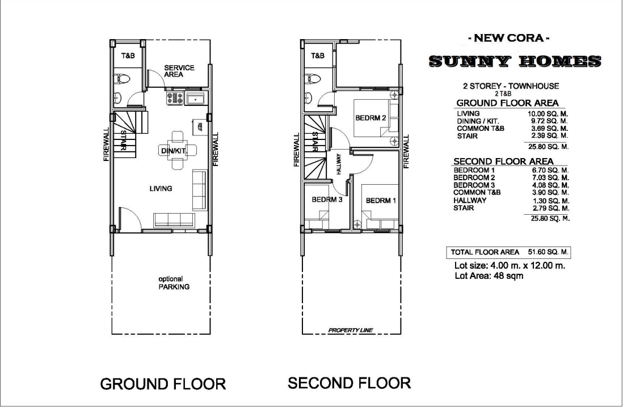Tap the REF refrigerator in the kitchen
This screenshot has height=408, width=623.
tap(200, 127)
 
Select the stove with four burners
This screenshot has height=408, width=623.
tap(175, 98)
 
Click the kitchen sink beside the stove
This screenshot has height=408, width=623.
tap(195, 98)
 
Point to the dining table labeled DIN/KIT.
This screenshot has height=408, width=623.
tap(177, 150)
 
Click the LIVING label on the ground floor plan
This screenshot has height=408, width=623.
tap(161, 189)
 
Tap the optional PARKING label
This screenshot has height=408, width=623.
tap(174, 283)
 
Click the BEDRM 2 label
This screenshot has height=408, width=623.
tap(371, 118)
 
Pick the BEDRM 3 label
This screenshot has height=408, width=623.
tap(327, 199)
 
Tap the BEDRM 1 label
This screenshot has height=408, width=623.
tap(381, 201)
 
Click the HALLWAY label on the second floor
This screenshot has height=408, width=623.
tap(339, 164)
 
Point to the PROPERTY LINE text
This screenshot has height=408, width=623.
tap(351, 330)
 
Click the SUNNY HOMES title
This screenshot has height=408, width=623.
tap(515, 61)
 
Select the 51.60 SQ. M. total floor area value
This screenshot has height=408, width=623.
tap(548, 252)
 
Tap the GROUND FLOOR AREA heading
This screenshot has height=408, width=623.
tap(507, 103)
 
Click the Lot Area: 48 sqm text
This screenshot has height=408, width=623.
tap(489, 276)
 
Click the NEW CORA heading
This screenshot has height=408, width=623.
tap(509, 38)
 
